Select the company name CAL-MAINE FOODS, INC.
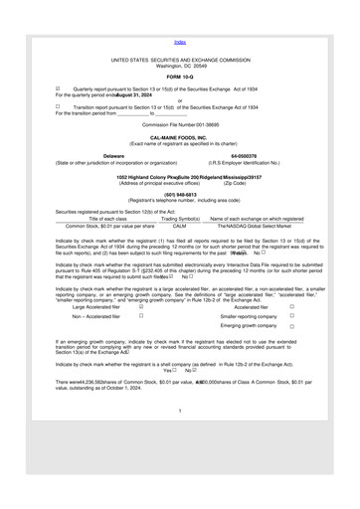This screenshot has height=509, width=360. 179,165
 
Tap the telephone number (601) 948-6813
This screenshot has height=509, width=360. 179,222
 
